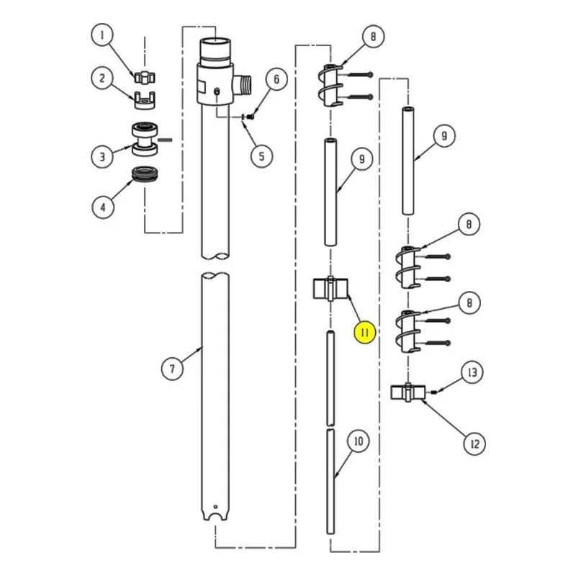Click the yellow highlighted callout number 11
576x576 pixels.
(x=365, y=333)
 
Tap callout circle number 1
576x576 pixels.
(x=102, y=35)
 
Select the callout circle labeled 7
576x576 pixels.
(x=173, y=369)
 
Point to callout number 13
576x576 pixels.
(x=472, y=372)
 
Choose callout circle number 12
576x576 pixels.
(x=474, y=444)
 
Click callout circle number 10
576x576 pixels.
(x=358, y=441)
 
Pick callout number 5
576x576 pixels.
(x=261, y=156)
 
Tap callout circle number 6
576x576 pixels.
(x=276, y=79)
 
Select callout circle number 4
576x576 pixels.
(x=103, y=207)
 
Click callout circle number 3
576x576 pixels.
(x=102, y=156)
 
